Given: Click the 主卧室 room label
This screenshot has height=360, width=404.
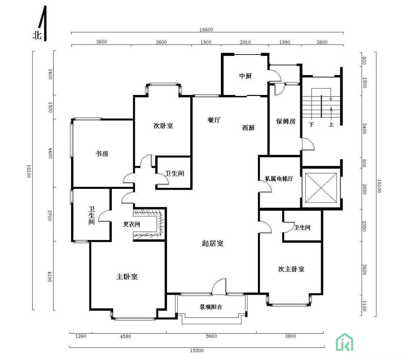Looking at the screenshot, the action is [x=127, y=277].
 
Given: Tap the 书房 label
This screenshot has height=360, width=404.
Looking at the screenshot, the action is [x=102, y=154].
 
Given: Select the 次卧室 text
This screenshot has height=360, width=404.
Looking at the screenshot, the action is [x=163, y=126].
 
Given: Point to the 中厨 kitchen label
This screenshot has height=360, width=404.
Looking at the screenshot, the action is [x=245, y=76].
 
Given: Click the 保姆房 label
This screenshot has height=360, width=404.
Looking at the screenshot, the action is [x=286, y=121].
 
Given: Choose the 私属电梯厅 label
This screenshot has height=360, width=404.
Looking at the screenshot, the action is [x=279, y=178].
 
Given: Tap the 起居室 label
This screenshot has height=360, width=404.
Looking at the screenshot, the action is [x=213, y=243].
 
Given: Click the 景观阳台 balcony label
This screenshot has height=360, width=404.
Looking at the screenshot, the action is [x=211, y=307].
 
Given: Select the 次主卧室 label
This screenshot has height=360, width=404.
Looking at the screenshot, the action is [x=291, y=269].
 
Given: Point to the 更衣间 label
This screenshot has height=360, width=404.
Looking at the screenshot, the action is [x=131, y=224].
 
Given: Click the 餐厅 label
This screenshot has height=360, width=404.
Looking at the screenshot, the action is [x=214, y=120].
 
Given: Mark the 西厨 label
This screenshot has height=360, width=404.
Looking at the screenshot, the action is [x=248, y=128].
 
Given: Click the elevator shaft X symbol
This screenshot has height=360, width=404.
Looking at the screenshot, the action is [x=321, y=188].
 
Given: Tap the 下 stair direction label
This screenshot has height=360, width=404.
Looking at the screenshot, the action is [x=311, y=125].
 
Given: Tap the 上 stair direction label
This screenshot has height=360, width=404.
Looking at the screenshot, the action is [x=331, y=124].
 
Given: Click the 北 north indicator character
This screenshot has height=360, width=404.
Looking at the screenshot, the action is [x=37, y=35].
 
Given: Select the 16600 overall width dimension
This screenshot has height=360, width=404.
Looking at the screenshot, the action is [x=206, y=29].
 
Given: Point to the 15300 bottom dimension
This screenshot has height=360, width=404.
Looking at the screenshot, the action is [x=197, y=350].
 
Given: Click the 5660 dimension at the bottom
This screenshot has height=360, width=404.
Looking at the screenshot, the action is [x=211, y=336].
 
